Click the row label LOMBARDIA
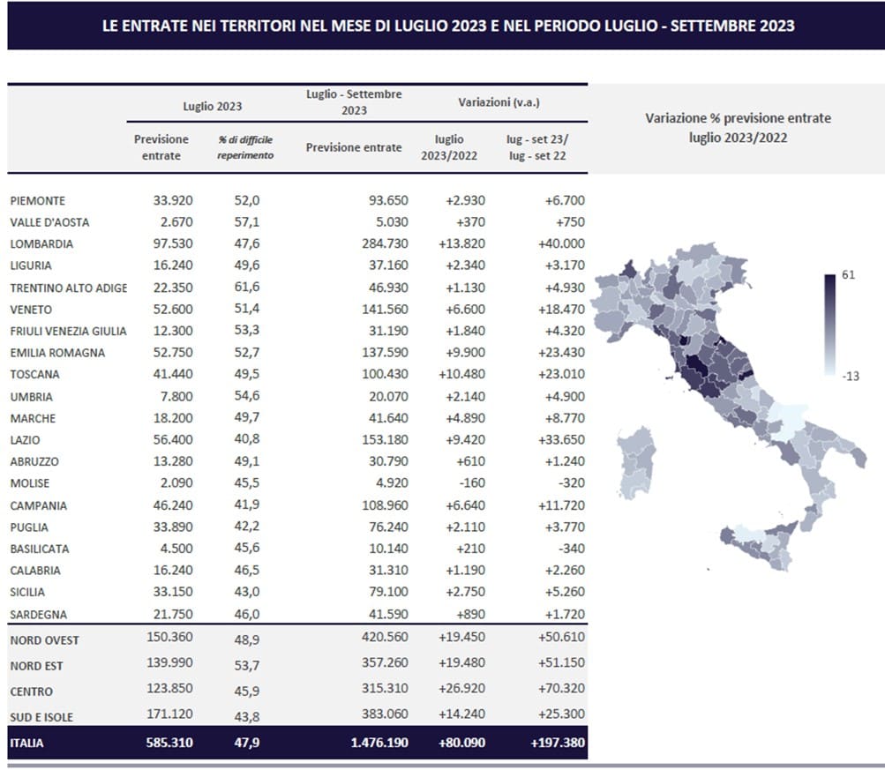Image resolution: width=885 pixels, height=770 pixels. click(41, 243)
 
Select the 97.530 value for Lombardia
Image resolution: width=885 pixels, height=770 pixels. click(173, 243)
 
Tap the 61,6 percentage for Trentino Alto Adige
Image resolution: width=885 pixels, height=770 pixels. click(247, 288)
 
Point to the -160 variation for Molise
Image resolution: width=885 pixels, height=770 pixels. click(470, 483)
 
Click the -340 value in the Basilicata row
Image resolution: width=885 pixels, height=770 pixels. click(570, 549)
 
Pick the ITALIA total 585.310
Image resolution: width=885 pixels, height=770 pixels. click(169, 743)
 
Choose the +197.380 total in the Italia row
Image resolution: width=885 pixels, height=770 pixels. click(558, 743)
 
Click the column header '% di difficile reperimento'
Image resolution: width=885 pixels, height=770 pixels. click(245, 147)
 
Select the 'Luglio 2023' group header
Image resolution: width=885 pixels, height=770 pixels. click(213, 107)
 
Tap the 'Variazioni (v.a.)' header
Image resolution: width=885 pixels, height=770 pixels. click(499, 102)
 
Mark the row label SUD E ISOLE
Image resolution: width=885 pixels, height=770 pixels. click(41, 718)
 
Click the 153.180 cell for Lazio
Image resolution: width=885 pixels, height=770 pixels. click(385, 440)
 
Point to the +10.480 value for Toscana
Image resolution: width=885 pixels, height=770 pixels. click(461, 374)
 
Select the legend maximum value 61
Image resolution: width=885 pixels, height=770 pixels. click(848, 274)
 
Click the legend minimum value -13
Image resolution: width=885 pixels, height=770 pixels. click(851, 377)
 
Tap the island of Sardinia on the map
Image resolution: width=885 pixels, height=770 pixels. click(637, 462)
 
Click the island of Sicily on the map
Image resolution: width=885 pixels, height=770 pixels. click(759, 545)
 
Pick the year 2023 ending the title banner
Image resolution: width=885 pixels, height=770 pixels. click(777, 26)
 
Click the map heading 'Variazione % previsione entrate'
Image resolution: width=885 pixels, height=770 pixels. click(739, 118)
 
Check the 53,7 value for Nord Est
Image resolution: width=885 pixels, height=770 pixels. click(247, 666)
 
